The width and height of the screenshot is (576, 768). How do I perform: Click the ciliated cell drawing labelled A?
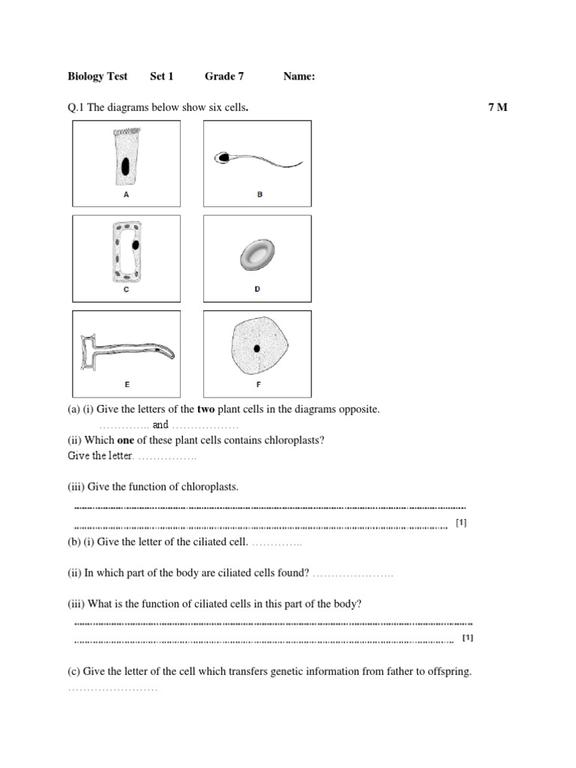click(125, 158)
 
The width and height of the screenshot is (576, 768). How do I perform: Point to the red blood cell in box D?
click(257, 256)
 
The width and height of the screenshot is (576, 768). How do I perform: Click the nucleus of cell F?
click(257, 348)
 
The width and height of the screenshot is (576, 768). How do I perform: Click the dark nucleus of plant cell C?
click(136, 244)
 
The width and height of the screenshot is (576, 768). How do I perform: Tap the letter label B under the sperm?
click(259, 194)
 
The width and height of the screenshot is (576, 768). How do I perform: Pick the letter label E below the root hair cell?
click(127, 384)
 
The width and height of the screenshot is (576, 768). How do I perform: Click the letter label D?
click(257, 289)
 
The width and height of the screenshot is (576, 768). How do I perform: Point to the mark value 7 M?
click(497, 107)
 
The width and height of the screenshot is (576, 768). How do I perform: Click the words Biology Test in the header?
click(97, 76)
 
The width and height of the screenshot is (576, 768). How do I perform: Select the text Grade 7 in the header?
click(224, 76)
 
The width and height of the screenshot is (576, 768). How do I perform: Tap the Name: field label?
click(299, 76)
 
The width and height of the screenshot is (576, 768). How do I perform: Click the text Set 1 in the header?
click(161, 76)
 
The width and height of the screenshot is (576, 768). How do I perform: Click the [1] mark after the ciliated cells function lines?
click(468, 638)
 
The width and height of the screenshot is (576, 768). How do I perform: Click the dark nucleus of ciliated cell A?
click(125, 166)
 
